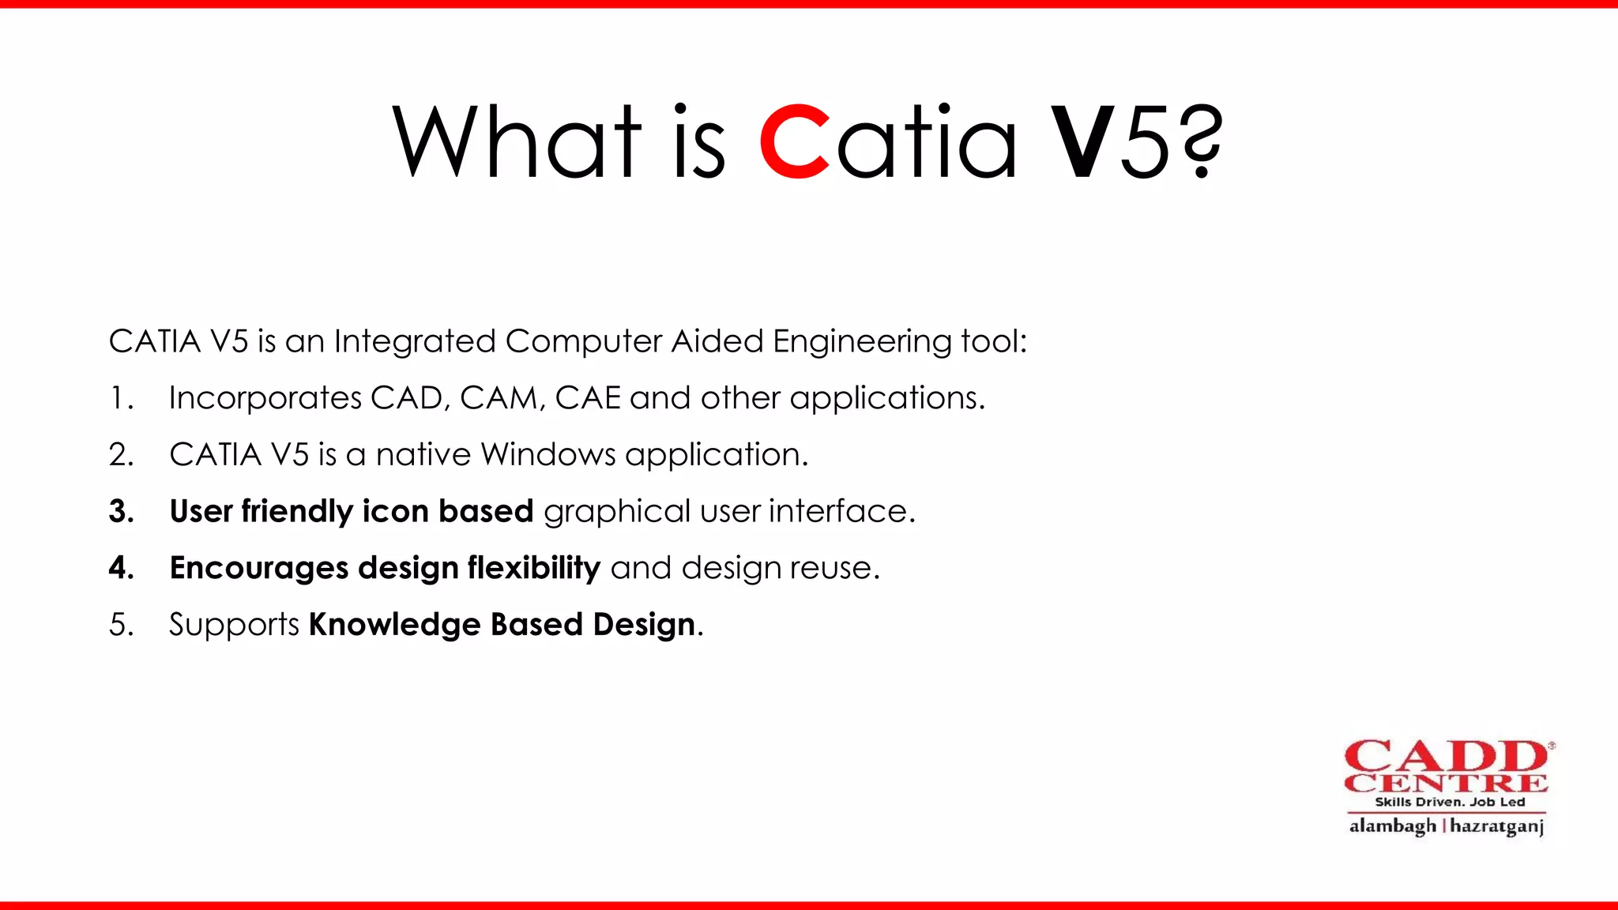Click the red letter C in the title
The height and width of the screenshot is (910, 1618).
[795, 142]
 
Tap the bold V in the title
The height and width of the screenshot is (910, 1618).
[1084, 142]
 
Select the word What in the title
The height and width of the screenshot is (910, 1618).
[517, 142]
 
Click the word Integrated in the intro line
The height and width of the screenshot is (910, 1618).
[416, 342]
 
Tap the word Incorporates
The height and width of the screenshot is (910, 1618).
[265, 398]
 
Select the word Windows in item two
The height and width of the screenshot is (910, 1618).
[548, 455]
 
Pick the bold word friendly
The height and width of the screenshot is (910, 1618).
[296, 512]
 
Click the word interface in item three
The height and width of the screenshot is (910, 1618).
[841, 512]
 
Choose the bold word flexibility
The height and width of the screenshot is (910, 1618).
[534, 568]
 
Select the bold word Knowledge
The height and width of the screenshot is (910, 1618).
[394, 625]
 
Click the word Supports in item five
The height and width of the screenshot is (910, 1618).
[234, 625]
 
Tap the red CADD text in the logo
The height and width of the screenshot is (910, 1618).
[1446, 757]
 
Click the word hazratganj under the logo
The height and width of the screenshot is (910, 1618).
[1497, 826]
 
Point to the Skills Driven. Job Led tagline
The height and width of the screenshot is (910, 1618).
[1450, 802]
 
